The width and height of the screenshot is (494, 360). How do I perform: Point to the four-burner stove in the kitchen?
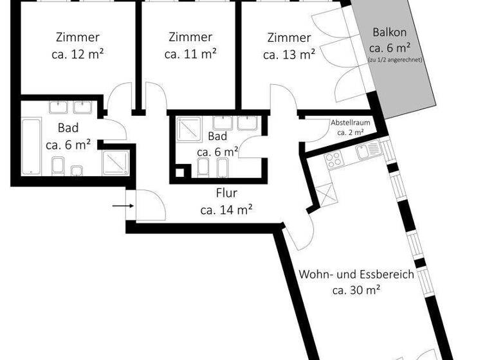(334, 158)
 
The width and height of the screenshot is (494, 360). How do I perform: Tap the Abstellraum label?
(351, 122)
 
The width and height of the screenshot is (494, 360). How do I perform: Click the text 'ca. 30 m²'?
(356, 290)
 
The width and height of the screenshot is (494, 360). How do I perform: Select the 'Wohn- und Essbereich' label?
(356, 274)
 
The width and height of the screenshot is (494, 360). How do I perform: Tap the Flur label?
(226, 193)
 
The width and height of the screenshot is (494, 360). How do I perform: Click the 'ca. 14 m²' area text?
(226, 209)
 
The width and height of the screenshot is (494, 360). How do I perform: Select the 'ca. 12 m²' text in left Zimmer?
(78, 54)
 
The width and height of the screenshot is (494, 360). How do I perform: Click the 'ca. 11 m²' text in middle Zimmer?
(190, 54)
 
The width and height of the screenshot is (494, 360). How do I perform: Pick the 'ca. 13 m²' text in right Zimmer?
(289, 54)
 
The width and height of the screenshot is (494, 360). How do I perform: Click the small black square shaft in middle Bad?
(181, 172)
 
